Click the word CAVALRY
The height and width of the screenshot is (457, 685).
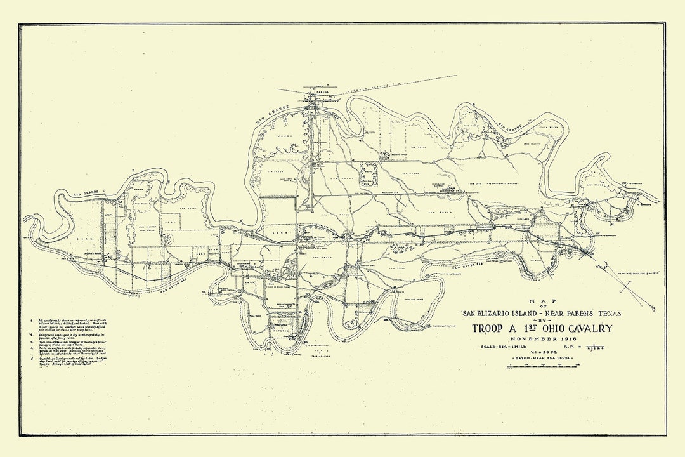pos(589,329)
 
